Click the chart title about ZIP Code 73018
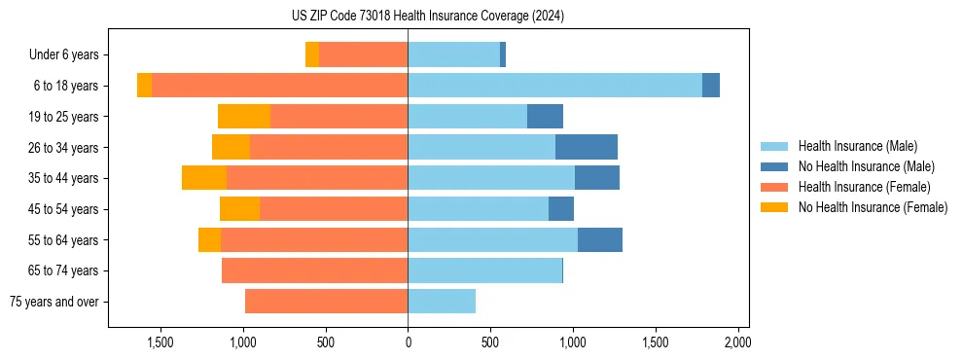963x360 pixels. click(x=427, y=17)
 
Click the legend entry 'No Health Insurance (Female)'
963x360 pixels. click(x=872, y=207)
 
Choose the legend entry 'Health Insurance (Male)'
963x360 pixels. click(x=857, y=146)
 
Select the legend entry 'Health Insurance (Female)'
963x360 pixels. click(x=864, y=187)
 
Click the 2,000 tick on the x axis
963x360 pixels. click(x=737, y=342)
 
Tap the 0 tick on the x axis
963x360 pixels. click(x=408, y=342)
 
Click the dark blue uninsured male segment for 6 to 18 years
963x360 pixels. click(x=711, y=86)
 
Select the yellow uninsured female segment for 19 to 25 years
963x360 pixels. click(x=244, y=117)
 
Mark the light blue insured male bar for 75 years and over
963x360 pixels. click(x=442, y=302)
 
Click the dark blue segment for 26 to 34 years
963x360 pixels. click(x=587, y=147)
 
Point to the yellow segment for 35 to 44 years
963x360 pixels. click(x=204, y=178)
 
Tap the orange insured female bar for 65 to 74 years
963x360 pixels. click(x=315, y=270)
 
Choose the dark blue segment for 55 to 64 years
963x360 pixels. click(x=600, y=239)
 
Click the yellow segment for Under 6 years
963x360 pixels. click(x=312, y=54)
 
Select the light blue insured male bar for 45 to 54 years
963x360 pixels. click(x=478, y=209)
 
